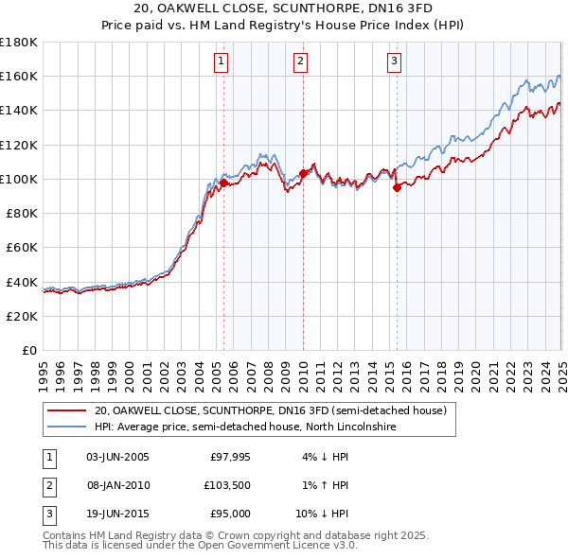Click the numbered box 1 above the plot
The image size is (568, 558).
221,62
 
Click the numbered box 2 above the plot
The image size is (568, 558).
300,62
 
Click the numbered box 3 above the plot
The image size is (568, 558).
394,62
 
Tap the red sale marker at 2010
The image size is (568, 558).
303,173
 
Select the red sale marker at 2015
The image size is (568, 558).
397,187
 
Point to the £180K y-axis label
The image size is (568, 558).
19,42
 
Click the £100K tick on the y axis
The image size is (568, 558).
19,179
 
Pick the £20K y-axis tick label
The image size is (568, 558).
23,316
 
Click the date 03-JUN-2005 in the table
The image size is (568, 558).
117,457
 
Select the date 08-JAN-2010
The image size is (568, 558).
117,485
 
